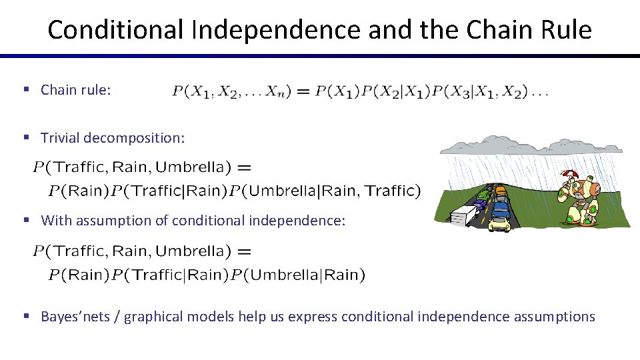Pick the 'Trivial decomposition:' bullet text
click(113, 138)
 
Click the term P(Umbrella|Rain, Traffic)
click(325, 191)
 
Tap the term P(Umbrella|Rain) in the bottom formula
click(297, 275)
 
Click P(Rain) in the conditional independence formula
click(79, 275)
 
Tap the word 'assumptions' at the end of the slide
click(555, 316)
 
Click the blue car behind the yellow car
click(499, 209)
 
